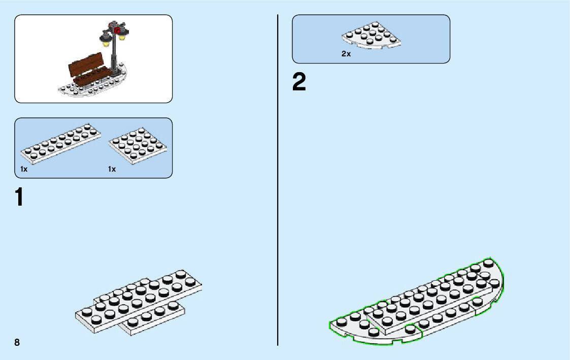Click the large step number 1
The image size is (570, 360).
tap(19, 197)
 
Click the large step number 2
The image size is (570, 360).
tap(299, 83)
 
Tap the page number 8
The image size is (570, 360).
tap(17, 342)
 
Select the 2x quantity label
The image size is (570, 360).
tap(346, 53)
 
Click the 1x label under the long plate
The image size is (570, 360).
tap(24, 169)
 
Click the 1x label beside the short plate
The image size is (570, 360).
tap(112, 169)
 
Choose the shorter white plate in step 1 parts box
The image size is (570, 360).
tap(139, 145)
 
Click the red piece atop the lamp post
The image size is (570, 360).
tap(118, 30)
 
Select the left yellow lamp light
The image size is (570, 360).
tap(106, 43)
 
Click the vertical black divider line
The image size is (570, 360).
tap(278, 178)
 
